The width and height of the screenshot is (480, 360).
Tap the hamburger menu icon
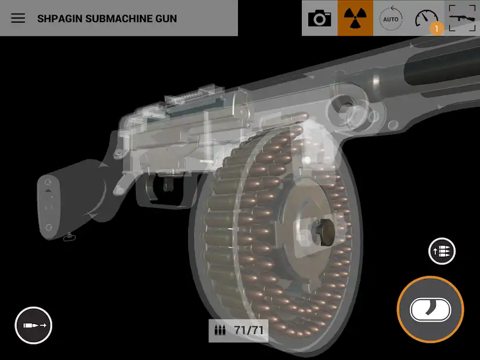pos(18,18)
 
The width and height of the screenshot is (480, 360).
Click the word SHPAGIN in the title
pos(60,19)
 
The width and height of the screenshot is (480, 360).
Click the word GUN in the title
pos(166,19)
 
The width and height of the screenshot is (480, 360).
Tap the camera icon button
pos(320,18)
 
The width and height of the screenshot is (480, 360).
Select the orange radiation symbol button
pos(355,18)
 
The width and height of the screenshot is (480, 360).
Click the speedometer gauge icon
pos(426,19)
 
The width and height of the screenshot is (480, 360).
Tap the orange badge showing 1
pos(436,29)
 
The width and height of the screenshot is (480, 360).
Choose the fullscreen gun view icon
pos(462,18)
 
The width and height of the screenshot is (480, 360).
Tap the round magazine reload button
pos(442,251)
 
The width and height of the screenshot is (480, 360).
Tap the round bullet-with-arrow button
pos(33,325)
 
